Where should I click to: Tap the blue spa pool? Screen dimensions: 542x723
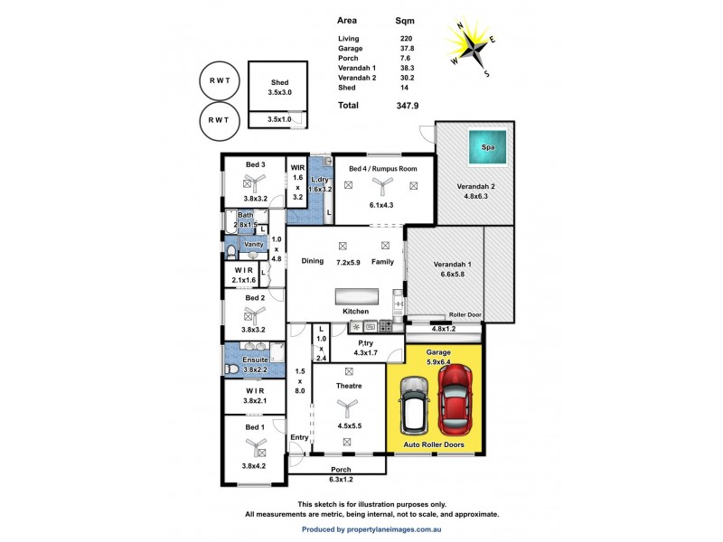coord(489,147)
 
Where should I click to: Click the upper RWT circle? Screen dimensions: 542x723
coord(220,79)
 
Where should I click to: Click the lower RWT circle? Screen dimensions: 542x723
coord(220,119)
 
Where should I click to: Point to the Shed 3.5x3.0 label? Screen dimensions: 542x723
coord(278,88)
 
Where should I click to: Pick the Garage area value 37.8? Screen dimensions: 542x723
coord(407,50)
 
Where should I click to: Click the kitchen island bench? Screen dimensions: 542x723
coord(356,297)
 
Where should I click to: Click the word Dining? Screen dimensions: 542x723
coord(313,261)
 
